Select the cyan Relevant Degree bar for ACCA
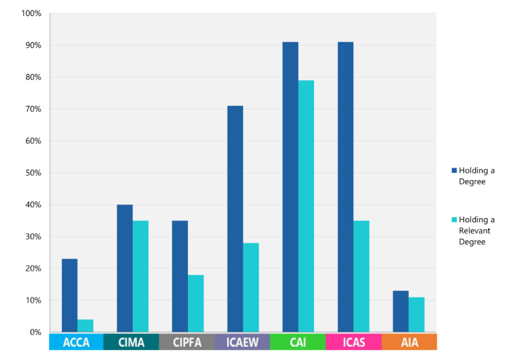click(85, 326)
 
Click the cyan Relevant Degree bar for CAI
click(306, 206)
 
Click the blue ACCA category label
click(76, 342)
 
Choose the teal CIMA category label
click(132, 342)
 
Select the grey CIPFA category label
click(187, 342)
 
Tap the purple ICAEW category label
click(242, 342)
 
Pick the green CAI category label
click(298, 342)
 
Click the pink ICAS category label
click(353, 342)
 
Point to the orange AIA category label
click(409, 342)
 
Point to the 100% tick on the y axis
click(31, 13)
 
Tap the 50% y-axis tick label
click(33, 173)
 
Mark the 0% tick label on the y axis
click(35, 332)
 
